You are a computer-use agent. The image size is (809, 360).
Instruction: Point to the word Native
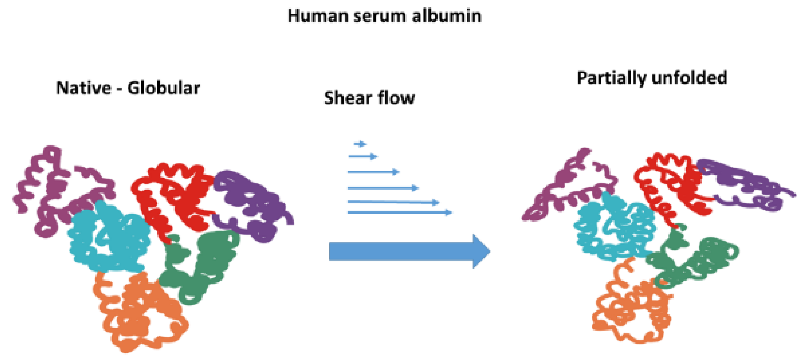(84, 88)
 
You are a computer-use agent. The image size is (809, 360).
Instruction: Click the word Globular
(163, 88)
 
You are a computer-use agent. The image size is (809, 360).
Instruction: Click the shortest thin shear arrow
(360, 144)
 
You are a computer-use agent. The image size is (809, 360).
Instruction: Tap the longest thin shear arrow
(399, 213)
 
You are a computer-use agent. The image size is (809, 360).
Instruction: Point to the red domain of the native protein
(175, 194)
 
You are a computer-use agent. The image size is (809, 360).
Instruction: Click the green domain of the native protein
(201, 265)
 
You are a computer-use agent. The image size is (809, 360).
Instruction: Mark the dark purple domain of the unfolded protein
(742, 183)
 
